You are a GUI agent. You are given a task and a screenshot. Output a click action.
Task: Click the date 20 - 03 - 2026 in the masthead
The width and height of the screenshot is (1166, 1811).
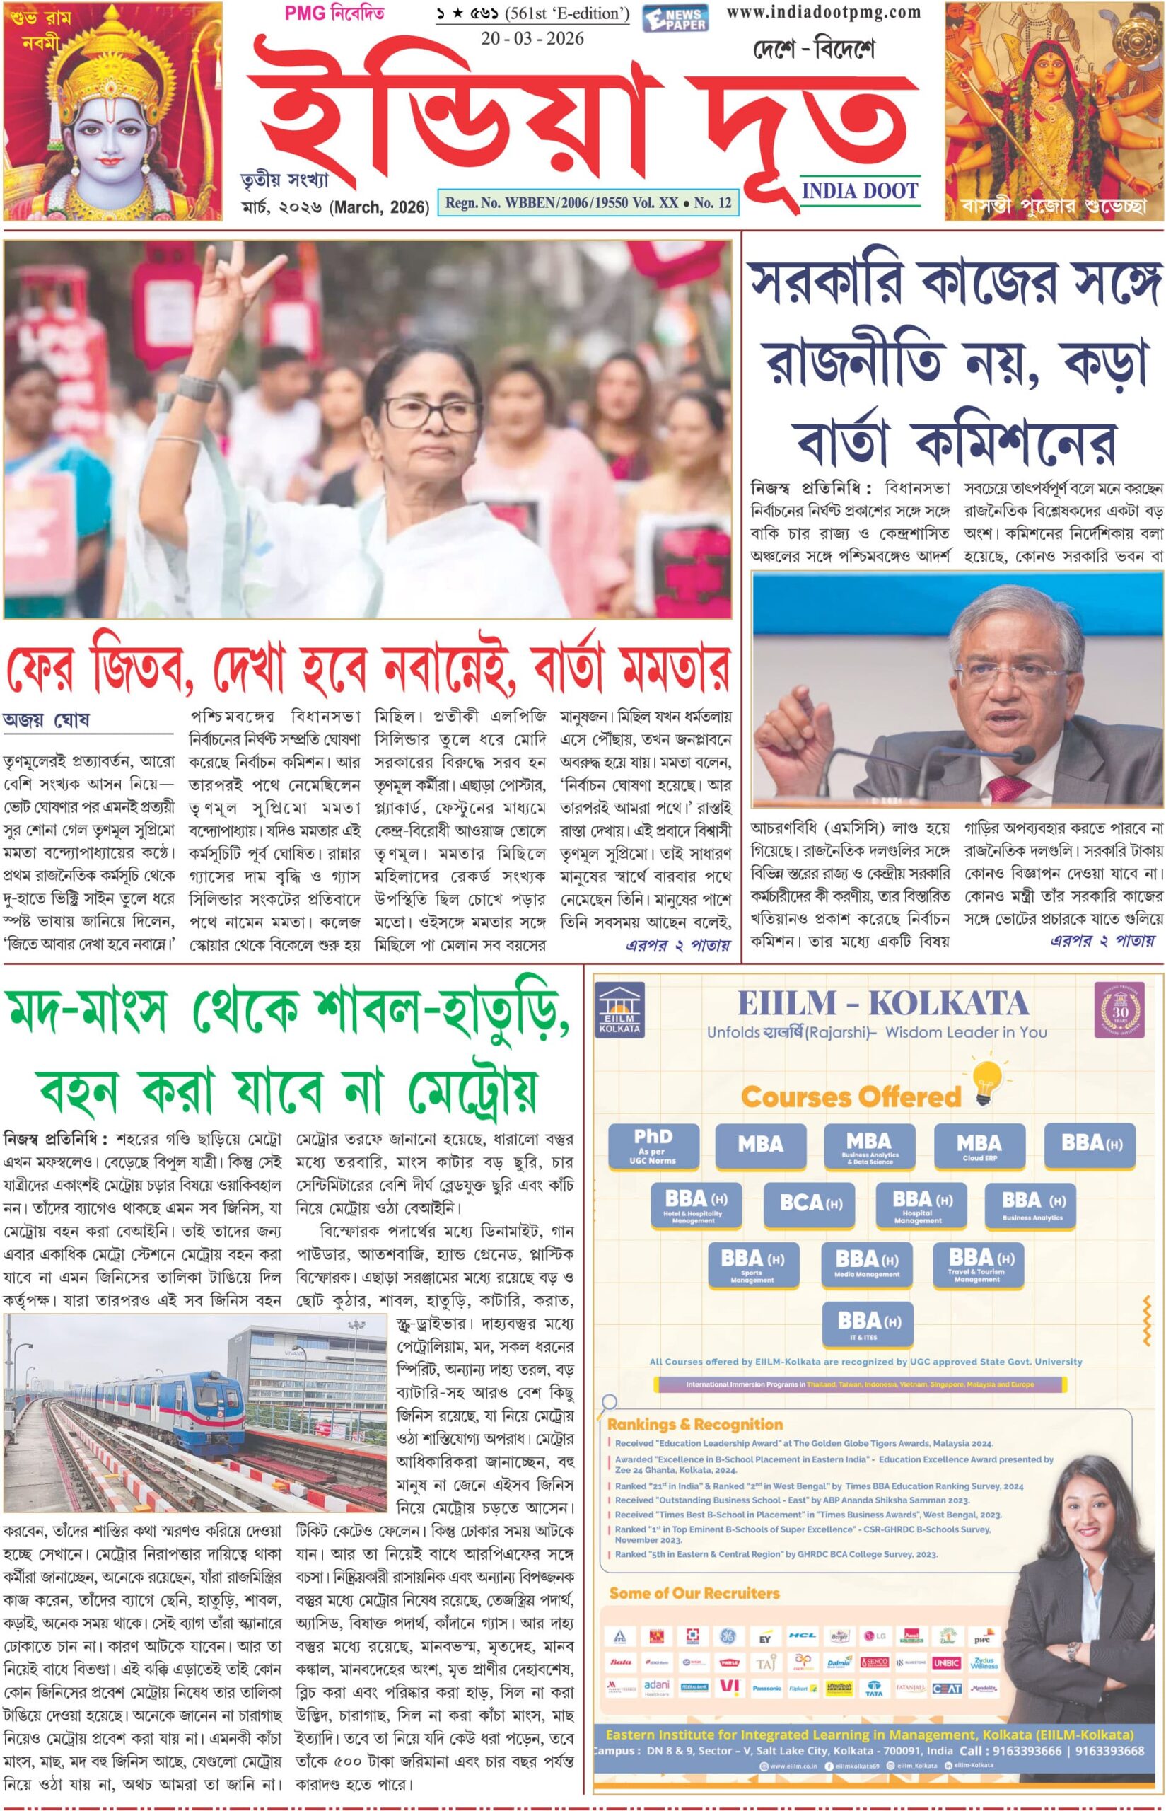(532, 39)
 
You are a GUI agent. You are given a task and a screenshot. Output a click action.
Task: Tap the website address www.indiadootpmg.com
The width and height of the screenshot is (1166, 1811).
(823, 12)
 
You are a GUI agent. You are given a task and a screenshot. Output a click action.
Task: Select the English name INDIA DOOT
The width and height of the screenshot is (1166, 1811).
(859, 191)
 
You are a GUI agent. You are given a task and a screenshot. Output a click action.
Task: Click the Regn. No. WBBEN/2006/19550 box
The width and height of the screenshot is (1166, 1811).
(588, 203)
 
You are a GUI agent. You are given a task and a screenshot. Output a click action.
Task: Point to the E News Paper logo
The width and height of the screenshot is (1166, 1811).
(675, 18)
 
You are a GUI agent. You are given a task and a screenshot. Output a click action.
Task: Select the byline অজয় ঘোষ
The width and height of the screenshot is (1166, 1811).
(46, 720)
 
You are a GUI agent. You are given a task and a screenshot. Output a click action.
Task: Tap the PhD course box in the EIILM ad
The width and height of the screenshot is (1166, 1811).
(653, 1145)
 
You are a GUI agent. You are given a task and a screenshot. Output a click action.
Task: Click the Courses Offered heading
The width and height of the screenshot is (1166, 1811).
(851, 1096)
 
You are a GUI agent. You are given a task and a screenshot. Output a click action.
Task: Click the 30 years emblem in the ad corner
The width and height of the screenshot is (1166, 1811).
(1120, 1009)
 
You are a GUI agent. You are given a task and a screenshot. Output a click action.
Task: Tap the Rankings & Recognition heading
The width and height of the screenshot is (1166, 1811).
(694, 1425)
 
